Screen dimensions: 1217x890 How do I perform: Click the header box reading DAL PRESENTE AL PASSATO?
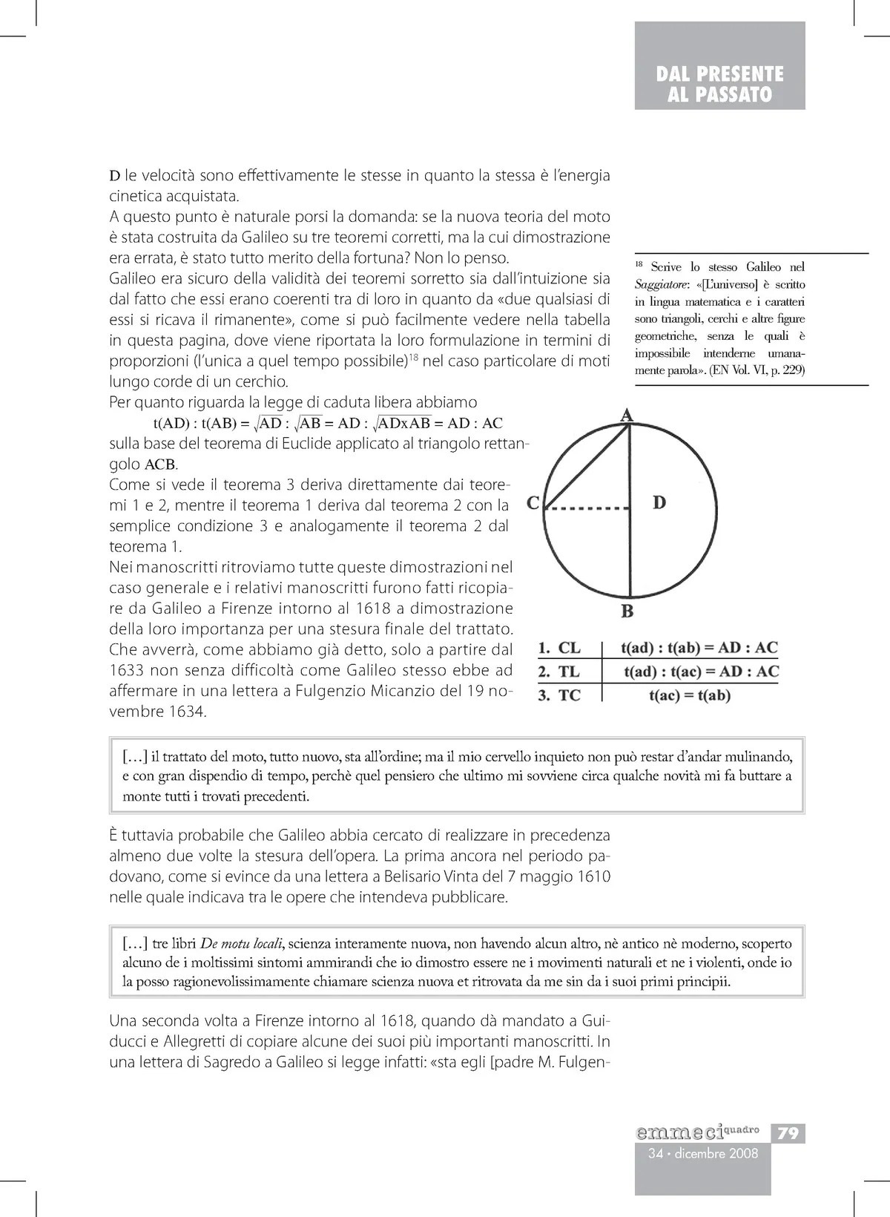719,84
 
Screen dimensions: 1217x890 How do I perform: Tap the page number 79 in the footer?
788,1133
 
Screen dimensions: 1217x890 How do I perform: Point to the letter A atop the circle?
627,416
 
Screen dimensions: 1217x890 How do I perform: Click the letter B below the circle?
627,612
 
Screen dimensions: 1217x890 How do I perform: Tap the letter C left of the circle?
533,504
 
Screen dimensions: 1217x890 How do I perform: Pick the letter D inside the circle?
659,503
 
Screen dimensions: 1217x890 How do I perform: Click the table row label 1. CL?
559,648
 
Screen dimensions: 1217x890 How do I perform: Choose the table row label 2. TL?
559,672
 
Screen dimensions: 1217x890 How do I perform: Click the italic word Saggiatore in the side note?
657,284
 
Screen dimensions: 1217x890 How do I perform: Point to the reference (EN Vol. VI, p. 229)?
756,370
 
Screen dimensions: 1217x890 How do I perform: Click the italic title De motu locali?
241,945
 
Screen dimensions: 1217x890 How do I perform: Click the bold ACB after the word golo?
161,465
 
